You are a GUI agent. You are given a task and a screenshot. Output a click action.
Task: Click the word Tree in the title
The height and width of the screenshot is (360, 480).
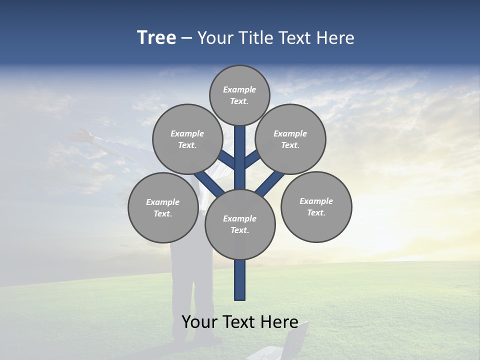pos(156,38)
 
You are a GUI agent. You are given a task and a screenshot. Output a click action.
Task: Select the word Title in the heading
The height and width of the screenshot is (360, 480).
pos(256,38)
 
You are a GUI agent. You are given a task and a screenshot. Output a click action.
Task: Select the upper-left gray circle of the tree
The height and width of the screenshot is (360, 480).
pos(187,138)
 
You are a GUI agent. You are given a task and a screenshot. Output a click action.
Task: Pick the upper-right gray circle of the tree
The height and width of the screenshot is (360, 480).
pos(290,138)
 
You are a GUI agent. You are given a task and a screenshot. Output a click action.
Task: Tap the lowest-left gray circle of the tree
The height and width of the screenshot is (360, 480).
pos(162,207)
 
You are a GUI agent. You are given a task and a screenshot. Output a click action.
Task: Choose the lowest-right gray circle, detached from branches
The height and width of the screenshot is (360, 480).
pos(316,206)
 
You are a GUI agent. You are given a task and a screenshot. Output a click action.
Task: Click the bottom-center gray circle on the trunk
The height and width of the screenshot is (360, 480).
pos(240,224)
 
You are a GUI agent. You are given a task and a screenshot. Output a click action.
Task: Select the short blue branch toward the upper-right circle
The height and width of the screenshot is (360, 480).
pos(252,159)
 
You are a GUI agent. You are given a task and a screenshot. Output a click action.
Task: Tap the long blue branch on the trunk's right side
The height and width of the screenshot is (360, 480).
pos(270,183)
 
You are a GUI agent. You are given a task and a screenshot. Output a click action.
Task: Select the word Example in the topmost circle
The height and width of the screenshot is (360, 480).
pos(239,90)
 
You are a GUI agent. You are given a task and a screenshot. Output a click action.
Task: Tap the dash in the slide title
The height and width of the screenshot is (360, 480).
pos(186,38)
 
